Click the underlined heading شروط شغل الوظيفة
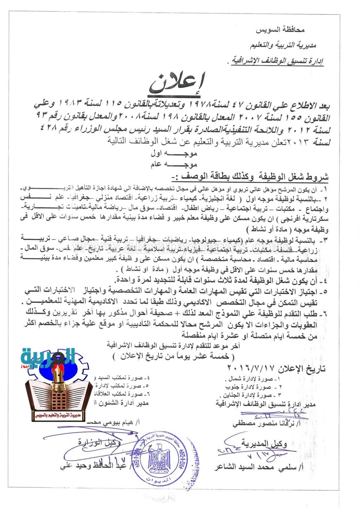[x=290, y=176]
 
